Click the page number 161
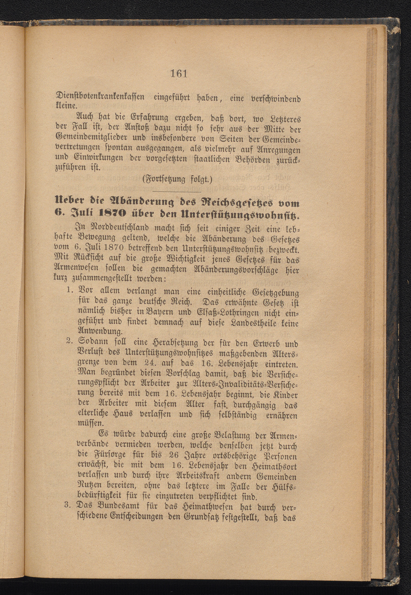click(178, 74)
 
